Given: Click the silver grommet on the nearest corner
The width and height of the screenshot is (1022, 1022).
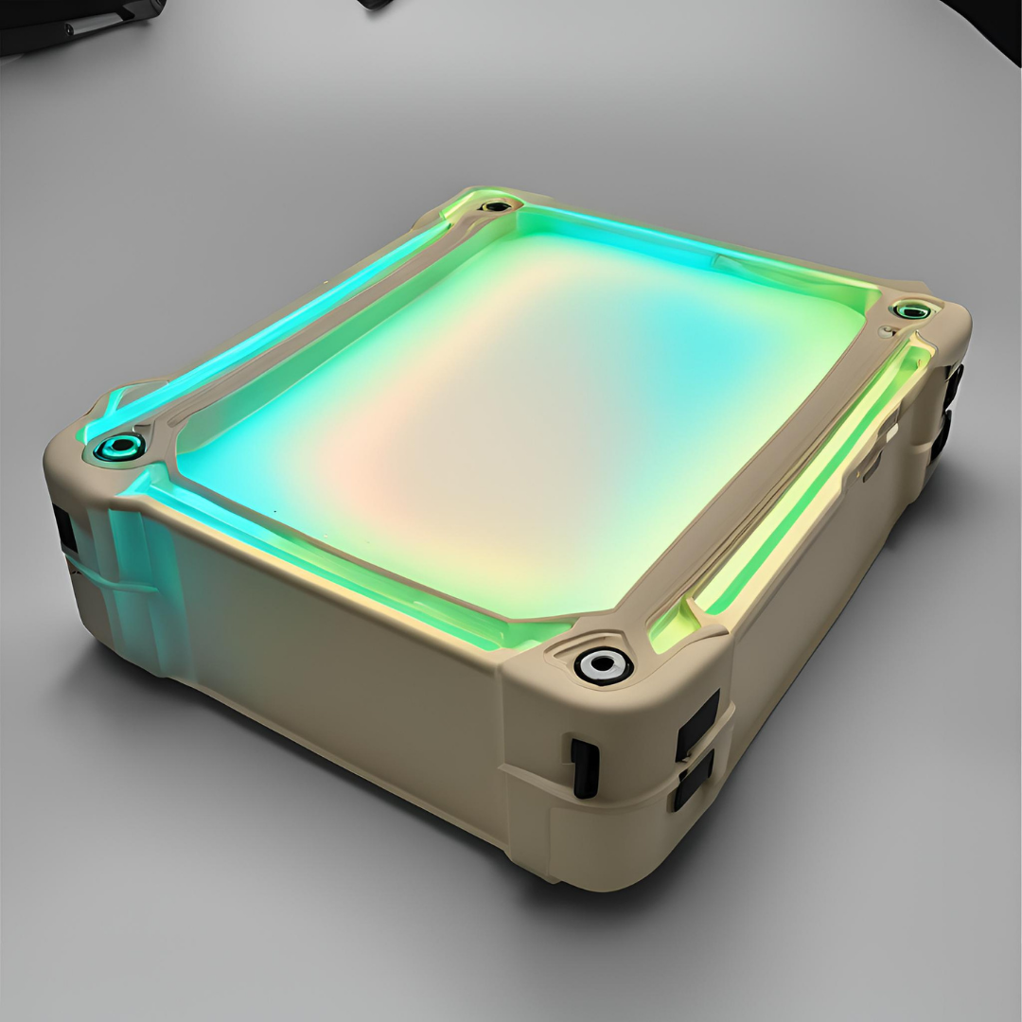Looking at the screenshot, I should click(x=603, y=664).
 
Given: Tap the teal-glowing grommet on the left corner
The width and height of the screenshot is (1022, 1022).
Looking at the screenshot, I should click(x=119, y=447).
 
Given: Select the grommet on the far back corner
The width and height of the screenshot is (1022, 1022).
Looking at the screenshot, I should click(x=495, y=205).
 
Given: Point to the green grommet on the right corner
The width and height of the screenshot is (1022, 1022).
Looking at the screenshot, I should click(x=910, y=310).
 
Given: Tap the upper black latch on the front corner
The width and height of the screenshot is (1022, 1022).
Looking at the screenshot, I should click(x=697, y=724).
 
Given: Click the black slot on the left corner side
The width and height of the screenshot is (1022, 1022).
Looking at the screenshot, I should click(x=64, y=530).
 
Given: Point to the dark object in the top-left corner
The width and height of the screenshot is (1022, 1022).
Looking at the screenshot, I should click(x=76, y=24).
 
